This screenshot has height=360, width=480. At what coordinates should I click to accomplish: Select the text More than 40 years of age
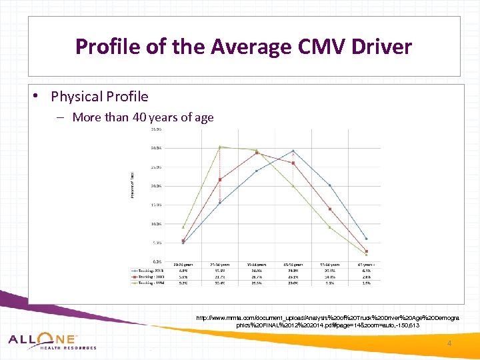tap(143, 117)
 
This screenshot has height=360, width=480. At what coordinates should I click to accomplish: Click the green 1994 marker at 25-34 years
tap(220, 147)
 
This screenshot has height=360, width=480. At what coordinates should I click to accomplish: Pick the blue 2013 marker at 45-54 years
tap(293, 151)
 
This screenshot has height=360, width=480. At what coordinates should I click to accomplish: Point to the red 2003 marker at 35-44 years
tap(257, 153)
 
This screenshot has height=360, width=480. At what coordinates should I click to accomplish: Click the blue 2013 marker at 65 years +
tap(366, 239)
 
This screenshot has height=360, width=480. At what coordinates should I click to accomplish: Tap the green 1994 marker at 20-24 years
tap(183, 227)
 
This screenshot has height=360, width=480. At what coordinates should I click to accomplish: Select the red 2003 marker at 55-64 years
tap(329, 209)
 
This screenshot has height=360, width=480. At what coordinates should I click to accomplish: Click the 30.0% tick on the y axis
tap(156, 147)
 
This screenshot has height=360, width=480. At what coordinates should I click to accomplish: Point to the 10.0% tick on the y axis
tap(156, 224)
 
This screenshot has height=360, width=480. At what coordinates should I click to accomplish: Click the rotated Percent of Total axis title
tap(132, 185)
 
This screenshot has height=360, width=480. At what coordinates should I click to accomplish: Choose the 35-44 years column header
tap(257, 265)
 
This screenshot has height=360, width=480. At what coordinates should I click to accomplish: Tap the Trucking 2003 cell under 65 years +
tap(366, 277)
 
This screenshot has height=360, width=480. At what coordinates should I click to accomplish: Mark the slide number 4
tap(449, 343)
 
